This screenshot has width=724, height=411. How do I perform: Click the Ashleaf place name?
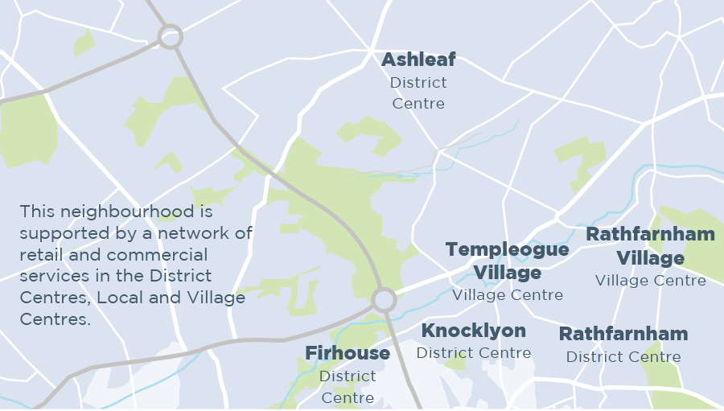[418, 60]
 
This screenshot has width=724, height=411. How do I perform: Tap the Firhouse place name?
[348, 353]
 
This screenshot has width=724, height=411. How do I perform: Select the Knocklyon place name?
[474, 331]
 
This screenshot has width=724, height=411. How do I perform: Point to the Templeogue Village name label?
[508, 261]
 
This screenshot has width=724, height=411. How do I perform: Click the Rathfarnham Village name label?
[650, 246]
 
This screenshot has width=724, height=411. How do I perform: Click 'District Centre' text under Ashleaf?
[418, 93]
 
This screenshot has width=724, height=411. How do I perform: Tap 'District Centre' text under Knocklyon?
[474, 353]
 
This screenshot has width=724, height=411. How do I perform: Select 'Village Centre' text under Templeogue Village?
[508, 295]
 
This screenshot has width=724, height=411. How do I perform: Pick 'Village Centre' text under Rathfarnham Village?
[650, 281]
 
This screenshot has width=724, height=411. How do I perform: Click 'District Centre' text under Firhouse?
[348, 387]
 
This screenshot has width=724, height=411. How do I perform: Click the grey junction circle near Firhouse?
[385, 301]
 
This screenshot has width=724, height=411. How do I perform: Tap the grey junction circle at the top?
[170, 36]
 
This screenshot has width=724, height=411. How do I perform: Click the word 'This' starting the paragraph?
[35, 212]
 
